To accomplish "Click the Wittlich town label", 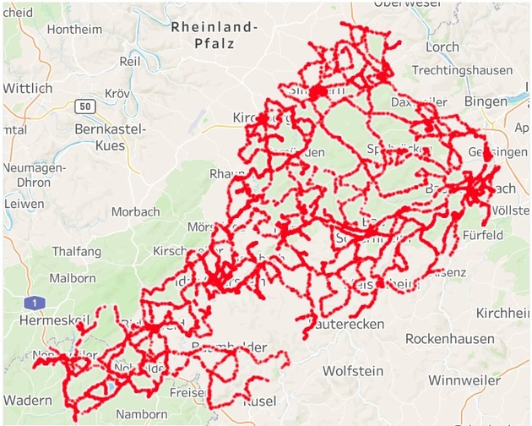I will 28,88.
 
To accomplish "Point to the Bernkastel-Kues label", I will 111,137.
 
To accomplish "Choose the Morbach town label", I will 135,210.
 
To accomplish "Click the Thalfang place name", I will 77,251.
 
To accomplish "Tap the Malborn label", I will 73,277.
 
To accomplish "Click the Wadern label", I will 28,400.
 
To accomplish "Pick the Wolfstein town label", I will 353,370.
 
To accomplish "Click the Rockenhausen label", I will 449,338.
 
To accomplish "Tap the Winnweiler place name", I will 468,380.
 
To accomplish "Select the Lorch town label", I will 443,46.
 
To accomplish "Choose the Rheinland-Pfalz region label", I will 214,35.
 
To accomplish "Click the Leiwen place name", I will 24,204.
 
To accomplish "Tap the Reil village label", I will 130,62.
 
